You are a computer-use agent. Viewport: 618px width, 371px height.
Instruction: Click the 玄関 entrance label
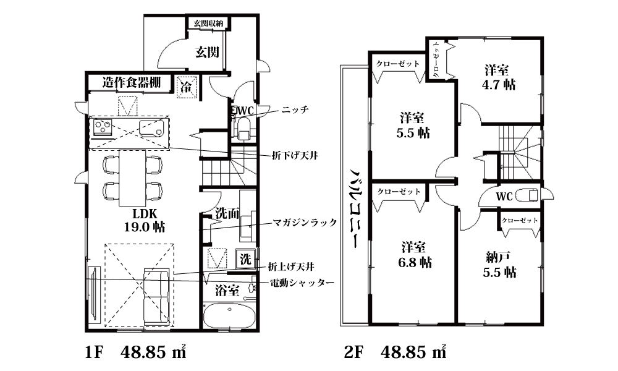coord(207,52)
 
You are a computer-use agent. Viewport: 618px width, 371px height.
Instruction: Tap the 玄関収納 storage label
coord(208,23)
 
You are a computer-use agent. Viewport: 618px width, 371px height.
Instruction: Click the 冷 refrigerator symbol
coord(186,87)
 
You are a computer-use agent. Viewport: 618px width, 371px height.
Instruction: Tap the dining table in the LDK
coord(132,178)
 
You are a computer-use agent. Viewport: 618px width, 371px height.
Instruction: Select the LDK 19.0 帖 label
coord(145,220)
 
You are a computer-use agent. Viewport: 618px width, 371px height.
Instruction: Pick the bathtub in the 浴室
coord(229,315)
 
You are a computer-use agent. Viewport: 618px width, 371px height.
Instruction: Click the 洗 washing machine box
coord(245,259)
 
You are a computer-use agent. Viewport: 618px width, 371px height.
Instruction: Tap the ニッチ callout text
coord(295,109)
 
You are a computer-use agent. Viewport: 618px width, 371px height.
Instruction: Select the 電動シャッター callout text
coord(302,283)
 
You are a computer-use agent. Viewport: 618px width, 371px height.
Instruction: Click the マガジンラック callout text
coord(305,223)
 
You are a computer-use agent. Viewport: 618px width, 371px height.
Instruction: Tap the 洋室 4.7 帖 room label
coord(499,78)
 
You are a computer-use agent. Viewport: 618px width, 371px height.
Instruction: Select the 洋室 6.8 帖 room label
coord(414,255)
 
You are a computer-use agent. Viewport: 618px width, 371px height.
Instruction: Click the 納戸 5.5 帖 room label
coord(499,265)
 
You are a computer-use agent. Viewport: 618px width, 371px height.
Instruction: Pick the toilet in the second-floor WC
coord(528,195)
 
